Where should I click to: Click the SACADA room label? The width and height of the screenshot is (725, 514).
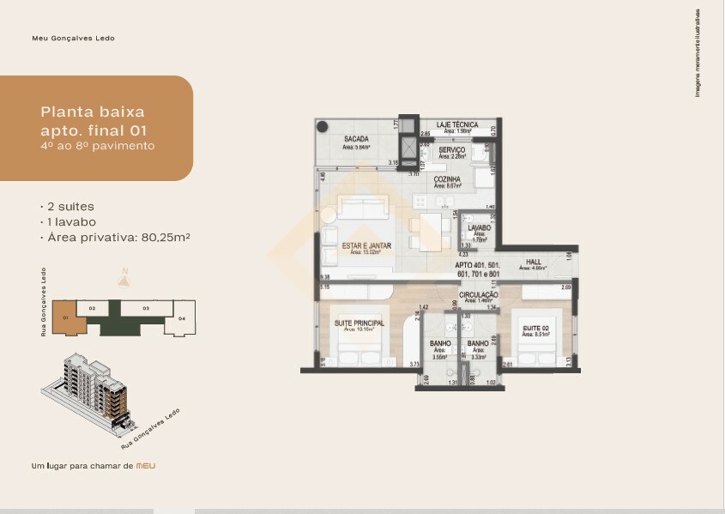(x=356, y=139)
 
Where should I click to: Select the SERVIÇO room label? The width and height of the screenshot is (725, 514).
(x=451, y=150)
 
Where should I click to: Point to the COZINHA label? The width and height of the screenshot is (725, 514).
(x=448, y=179)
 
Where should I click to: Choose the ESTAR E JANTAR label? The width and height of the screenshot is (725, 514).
(x=366, y=245)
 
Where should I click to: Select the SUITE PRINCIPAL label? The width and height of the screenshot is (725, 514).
(x=359, y=323)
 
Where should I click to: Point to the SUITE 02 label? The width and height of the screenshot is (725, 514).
(x=537, y=328)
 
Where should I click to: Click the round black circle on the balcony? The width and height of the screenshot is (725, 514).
(x=322, y=127)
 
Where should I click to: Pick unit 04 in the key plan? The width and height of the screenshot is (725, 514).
(x=182, y=318)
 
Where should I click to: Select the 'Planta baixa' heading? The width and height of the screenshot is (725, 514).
(x=93, y=112)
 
